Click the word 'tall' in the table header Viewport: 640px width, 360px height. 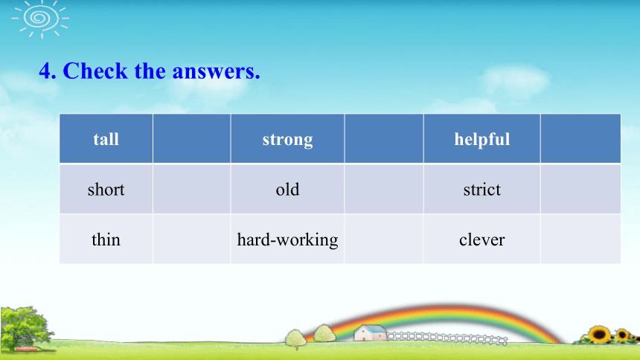click(106, 140)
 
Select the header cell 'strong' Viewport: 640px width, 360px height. click(288, 139)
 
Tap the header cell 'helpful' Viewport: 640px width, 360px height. click(482, 139)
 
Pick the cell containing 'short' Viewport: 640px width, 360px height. click(106, 189)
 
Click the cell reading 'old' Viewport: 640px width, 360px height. click(288, 189)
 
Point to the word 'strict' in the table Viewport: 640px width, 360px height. click(482, 190)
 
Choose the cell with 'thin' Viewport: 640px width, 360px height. click(106, 240)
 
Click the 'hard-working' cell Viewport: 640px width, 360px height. click(288, 240)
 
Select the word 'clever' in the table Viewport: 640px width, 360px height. click(482, 240)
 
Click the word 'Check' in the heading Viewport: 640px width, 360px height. click(95, 71)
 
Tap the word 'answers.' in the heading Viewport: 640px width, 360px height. click(217, 72)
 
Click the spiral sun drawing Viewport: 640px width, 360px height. click(40, 19)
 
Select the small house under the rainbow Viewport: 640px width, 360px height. click(370, 332)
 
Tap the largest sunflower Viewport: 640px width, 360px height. click(600, 335)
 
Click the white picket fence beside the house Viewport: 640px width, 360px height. click(447, 338)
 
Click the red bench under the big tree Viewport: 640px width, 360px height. click(26, 349)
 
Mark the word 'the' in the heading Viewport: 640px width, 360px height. click(150, 71)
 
